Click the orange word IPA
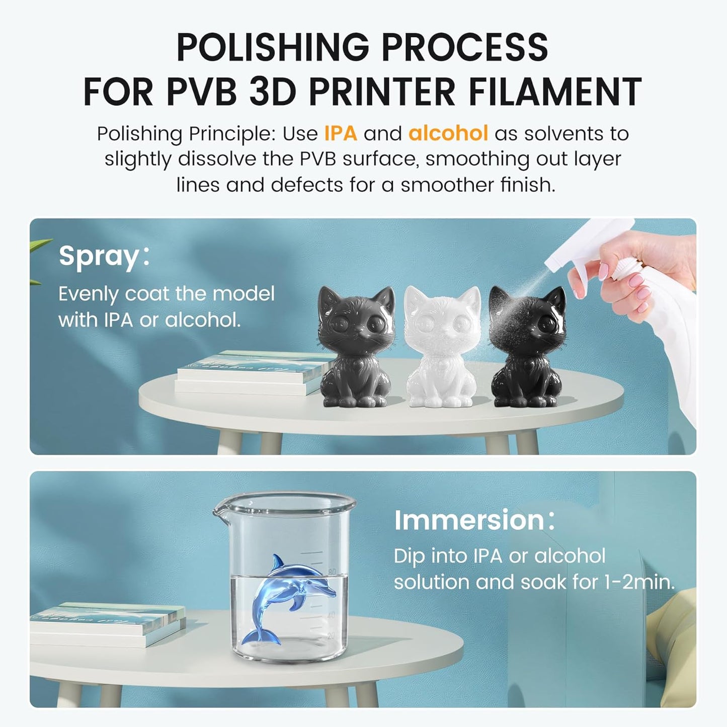coord(340,133)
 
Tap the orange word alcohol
coord(448,133)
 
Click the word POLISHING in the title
coord(273,47)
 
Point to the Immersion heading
coord(474,520)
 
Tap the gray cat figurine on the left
coord(357,346)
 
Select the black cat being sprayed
coord(527,346)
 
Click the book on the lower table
coord(108,624)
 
